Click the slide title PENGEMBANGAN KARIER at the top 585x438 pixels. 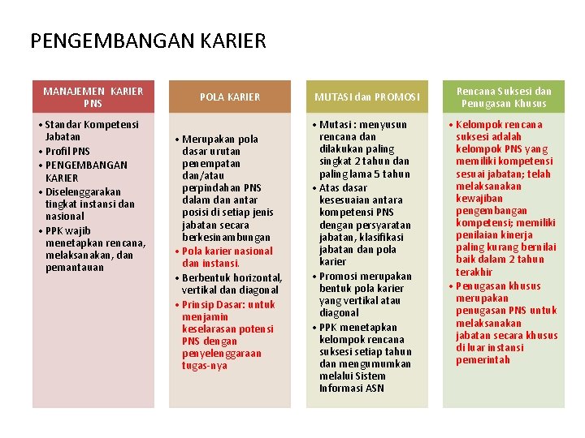[x=148, y=41]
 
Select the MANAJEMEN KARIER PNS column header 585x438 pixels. [x=93, y=97]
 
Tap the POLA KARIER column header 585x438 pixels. [x=230, y=97]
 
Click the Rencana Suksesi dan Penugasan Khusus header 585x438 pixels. [x=503, y=97]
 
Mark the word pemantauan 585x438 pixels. [x=75, y=267]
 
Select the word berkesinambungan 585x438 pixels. [x=225, y=237]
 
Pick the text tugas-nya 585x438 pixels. [x=205, y=366]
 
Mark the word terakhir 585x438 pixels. [x=474, y=272]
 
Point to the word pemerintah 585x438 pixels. [x=483, y=360]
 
